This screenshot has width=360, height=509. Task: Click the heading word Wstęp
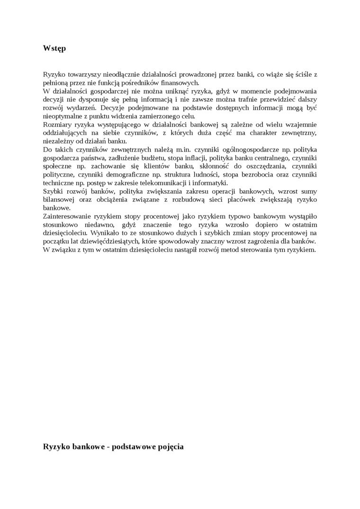[x=54, y=48]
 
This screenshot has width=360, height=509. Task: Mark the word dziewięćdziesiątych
[x=108, y=241]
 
